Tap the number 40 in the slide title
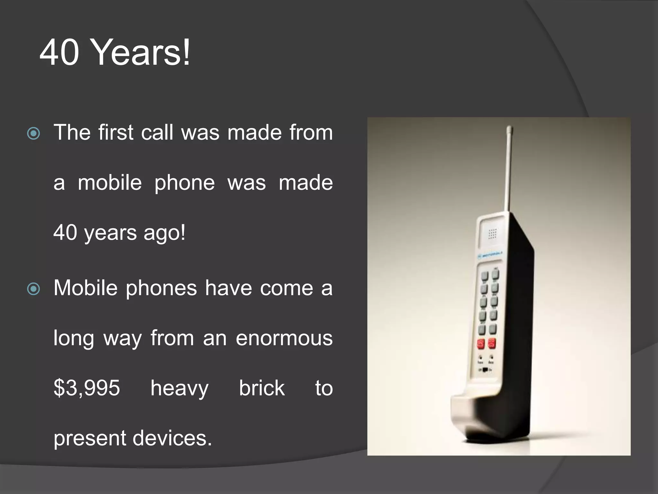click(59, 52)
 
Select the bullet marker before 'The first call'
click(34, 133)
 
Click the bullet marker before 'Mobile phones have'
click(34, 288)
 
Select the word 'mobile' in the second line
click(110, 183)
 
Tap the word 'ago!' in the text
click(164, 233)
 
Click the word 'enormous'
click(284, 338)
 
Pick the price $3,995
click(87, 388)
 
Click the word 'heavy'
click(180, 389)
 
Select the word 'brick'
click(262, 388)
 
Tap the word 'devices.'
click(172, 438)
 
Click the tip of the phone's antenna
click(510, 128)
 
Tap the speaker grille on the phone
click(493, 234)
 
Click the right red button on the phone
click(492, 343)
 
